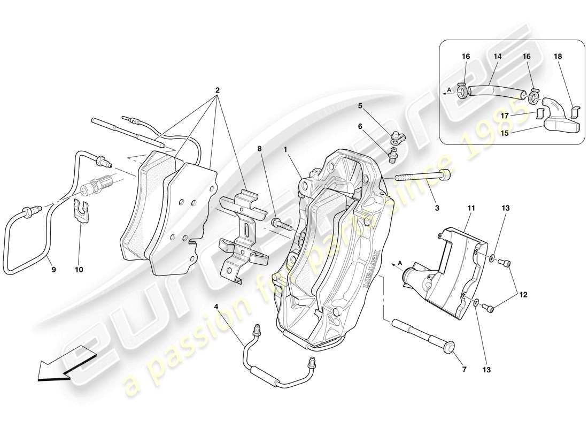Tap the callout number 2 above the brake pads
pyautogui.click(x=217, y=90)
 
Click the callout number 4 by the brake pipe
pyautogui.click(x=216, y=307)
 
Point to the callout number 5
pyautogui.click(x=375, y=105)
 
